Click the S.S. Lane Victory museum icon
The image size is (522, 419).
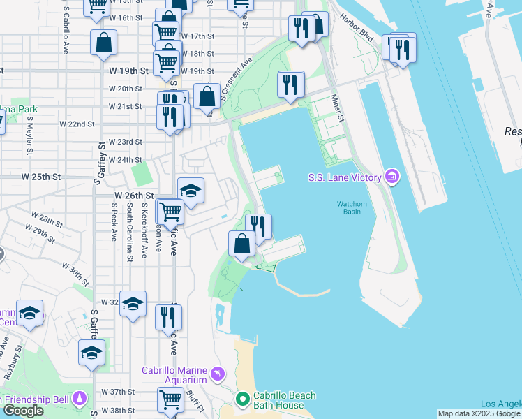pyautogui.click(x=392, y=177)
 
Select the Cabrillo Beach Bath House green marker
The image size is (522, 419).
pyautogui.click(x=243, y=399)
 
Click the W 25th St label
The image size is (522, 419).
pyautogui.click(x=41, y=177)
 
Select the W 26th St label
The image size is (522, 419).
pyautogui.click(x=133, y=196)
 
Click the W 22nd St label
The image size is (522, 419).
pyautogui.click(x=77, y=124)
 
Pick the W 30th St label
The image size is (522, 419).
pyautogui.click(x=75, y=274)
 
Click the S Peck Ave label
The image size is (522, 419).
pyautogui.click(x=114, y=223)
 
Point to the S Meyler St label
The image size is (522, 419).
pyautogui.click(x=29, y=138)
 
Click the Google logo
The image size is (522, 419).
pyautogui.click(x=23, y=411)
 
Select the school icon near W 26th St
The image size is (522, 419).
pyautogui.click(x=191, y=191)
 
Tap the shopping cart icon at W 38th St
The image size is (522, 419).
pyautogui.click(x=170, y=400)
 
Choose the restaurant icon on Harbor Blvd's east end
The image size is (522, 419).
pyautogui.click(x=403, y=50)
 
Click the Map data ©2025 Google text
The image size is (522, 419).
pyautogui.click(x=479, y=413)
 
